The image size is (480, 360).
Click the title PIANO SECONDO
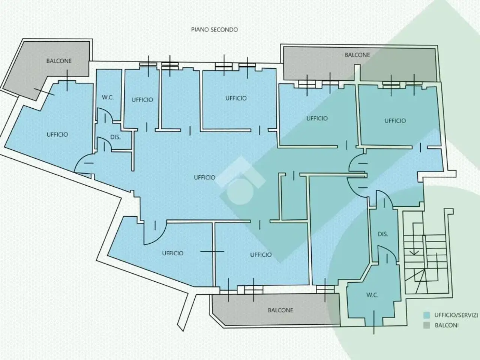214,30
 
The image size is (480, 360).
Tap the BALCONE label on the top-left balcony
59,61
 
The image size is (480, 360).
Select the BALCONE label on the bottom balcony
280,310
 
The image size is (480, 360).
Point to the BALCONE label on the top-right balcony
357,55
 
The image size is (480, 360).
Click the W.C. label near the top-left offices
108,97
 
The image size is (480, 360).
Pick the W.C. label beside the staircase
372,295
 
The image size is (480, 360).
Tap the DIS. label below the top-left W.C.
115,137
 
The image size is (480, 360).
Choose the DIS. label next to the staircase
383,234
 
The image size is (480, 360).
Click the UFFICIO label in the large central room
204,177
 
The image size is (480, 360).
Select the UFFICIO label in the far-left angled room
57,134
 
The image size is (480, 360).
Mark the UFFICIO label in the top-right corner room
395,121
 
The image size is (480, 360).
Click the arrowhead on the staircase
414,253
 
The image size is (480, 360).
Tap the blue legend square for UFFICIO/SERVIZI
426,315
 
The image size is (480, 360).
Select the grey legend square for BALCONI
426,325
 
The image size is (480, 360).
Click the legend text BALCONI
447,325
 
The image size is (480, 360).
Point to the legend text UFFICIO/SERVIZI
456,315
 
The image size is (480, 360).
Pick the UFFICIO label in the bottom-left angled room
172,253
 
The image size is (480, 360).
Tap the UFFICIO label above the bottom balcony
261,255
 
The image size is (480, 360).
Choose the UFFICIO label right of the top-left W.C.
142,100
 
